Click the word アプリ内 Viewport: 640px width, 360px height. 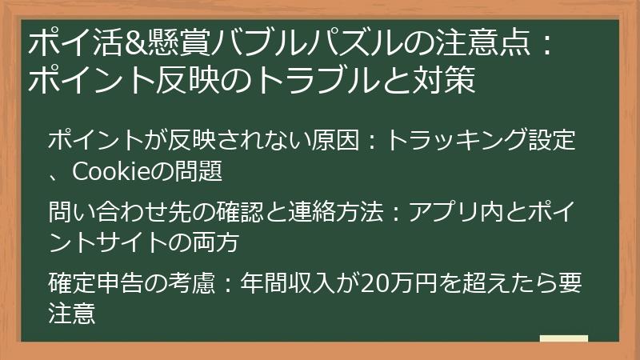[460, 211]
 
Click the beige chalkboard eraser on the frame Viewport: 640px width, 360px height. [563, 339]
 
